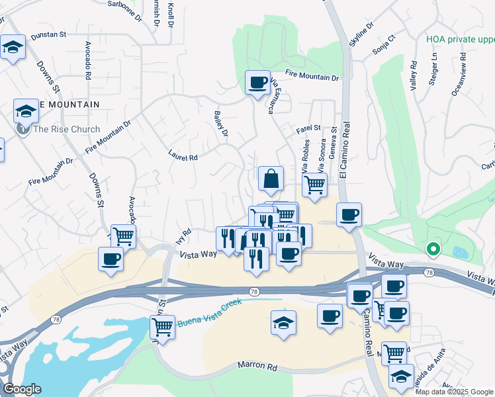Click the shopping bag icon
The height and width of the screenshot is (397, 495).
click(x=271, y=179)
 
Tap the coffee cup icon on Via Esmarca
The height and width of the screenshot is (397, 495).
click(x=257, y=83)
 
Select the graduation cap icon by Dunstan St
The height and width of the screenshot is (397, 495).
click(x=13, y=47)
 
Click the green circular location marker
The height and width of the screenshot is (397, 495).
click(x=433, y=249)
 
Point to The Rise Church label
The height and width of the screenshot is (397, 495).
click(x=67, y=129)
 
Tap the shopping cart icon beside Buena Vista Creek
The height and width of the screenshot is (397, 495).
click(x=162, y=327)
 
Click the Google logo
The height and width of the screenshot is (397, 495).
click(x=22, y=389)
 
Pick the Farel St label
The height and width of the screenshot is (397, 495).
click(x=309, y=127)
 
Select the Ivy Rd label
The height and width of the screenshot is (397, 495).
click(x=185, y=236)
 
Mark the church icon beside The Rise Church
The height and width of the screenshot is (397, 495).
click(x=22, y=129)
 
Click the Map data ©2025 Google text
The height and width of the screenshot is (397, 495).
click(x=454, y=392)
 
